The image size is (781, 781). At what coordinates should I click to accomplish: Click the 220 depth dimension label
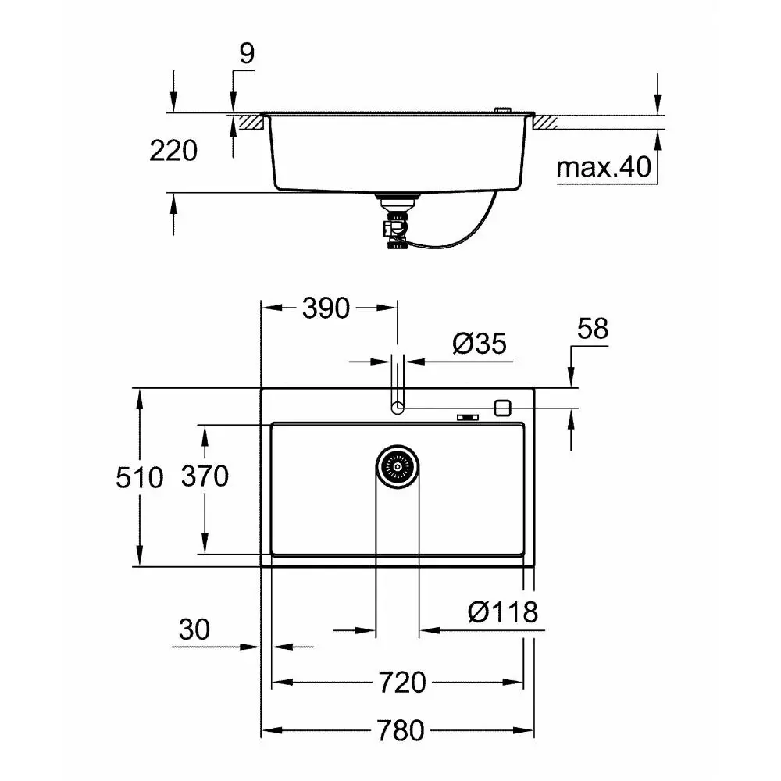(x=173, y=151)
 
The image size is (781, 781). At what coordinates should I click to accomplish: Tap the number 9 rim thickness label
(x=247, y=53)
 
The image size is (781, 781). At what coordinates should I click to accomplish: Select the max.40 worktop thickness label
(x=604, y=167)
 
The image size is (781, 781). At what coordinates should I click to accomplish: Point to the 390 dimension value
(x=326, y=308)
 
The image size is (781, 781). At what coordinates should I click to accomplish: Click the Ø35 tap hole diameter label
(x=480, y=343)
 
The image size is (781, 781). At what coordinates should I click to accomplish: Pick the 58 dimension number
(x=593, y=329)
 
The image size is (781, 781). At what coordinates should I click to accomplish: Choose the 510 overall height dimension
(x=140, y=477)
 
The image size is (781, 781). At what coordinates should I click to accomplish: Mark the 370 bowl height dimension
(x=205, y=476)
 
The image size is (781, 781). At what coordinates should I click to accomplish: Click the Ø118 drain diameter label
(x=503, y=612)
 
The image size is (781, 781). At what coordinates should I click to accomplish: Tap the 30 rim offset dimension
(x=194, y=629)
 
